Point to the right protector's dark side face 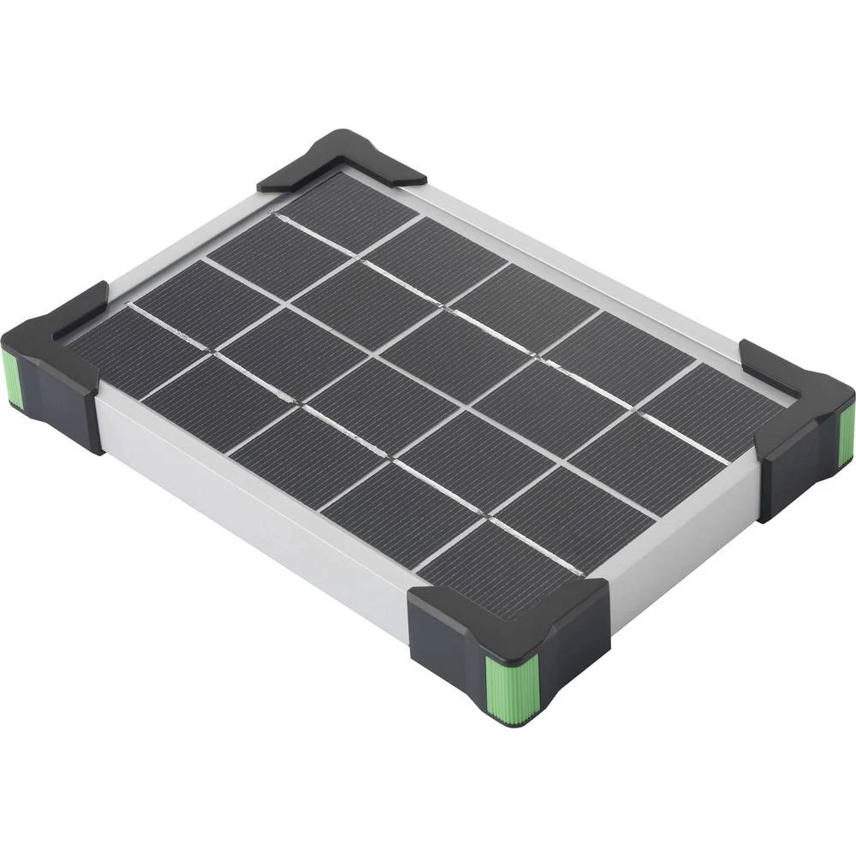point(796,471)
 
